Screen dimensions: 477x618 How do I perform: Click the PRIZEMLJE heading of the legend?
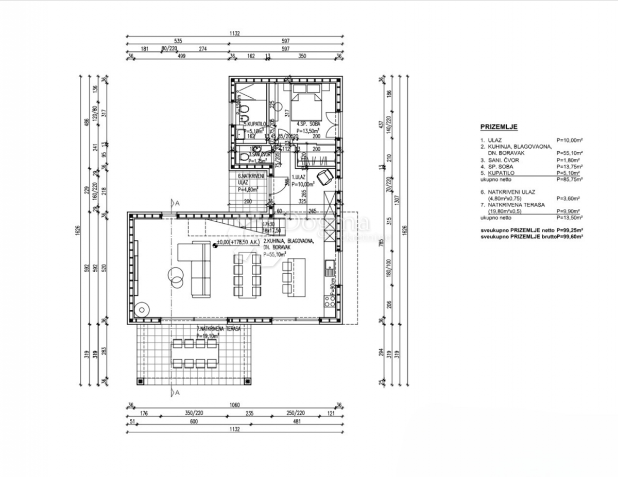499,127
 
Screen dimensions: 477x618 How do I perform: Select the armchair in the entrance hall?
325,177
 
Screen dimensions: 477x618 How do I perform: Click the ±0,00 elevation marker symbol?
214,245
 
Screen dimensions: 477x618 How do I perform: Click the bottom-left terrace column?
140,381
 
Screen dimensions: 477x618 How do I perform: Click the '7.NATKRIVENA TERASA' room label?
218,328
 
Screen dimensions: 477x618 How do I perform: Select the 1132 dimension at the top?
234,34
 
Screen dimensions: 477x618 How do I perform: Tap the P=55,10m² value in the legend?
569,153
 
